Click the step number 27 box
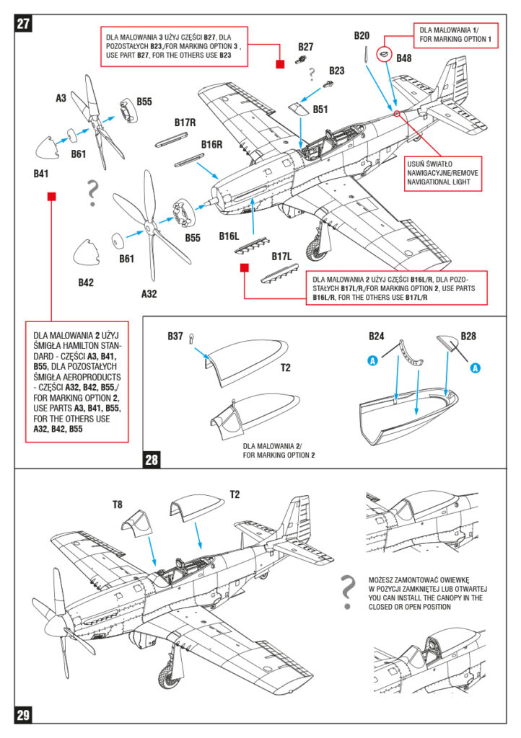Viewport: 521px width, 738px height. (24, 23)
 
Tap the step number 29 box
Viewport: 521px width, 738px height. (24, 714)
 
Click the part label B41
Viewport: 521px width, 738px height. (41, 174)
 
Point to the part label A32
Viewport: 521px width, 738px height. (149, 293)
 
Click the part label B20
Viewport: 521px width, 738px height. (362, 35)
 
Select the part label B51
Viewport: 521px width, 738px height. (320, 110)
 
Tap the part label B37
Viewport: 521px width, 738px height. (175, 336)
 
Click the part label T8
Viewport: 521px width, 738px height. (118, 504)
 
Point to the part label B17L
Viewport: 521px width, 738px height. (281, 256)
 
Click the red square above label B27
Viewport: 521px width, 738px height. (279, 65)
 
